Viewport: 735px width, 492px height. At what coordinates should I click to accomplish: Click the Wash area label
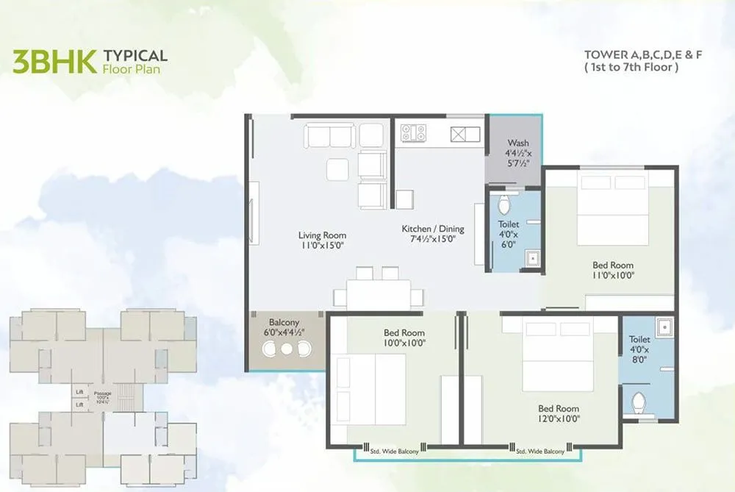pos(517,143)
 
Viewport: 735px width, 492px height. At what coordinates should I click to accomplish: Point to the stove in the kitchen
pos(413,133)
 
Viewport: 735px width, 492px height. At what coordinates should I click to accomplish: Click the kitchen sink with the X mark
pos(460,134)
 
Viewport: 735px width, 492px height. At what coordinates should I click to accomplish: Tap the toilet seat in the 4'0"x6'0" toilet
pos(504,204)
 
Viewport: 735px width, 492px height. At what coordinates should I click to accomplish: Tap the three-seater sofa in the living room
pos(330,136)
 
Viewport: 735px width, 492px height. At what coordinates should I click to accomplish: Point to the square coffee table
pos(338,169)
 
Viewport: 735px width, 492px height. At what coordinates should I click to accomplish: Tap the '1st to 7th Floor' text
pos(631,67)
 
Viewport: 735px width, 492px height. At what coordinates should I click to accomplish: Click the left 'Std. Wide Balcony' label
pos(395,451)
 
